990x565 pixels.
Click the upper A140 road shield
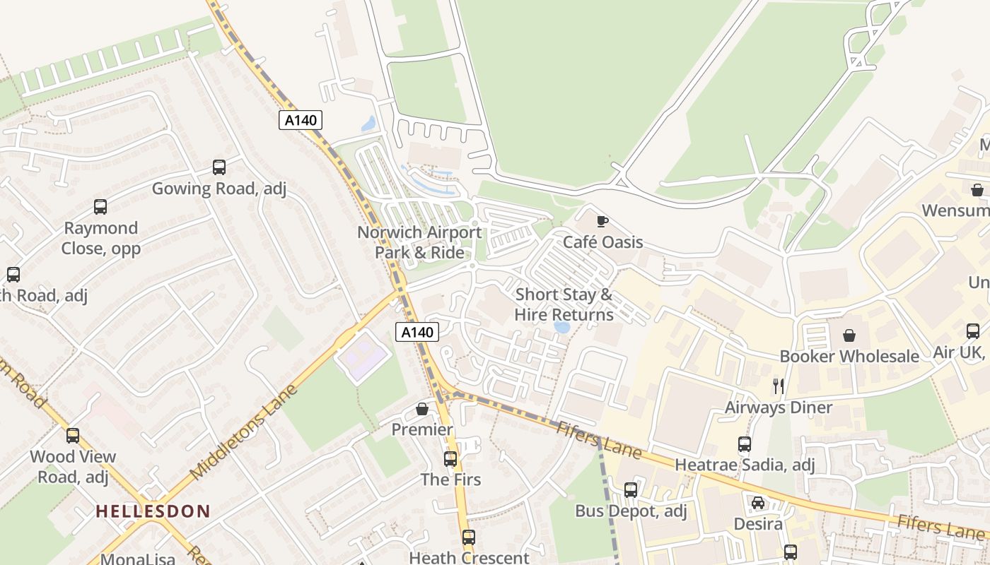coord(301,120)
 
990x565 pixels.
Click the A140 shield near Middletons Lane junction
coord(417,331)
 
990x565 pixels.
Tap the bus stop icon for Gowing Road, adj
coord(219,167)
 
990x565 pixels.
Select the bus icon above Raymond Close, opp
coord(100,207)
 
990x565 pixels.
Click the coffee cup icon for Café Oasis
coord(602,221)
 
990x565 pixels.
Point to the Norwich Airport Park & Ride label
coord(419,242)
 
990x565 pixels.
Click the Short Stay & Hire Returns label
coord(564,304)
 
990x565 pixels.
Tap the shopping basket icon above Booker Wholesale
coord(849,335)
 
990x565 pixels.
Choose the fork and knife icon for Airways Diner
coord(779,386)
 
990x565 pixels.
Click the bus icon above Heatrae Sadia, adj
coord(745,444)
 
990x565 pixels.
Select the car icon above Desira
coord(757,503)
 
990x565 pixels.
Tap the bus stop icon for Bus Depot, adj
coord(631,489)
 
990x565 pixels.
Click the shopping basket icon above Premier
coord(422,409)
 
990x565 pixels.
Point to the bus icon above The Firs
coord(450,459)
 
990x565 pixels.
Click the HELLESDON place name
coord(153,511)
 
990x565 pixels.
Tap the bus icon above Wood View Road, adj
coord(73,436)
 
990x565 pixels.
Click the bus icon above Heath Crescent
coord(468,537)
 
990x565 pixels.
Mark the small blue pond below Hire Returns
coord(562,328)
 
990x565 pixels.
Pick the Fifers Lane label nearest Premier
coord(598,439)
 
